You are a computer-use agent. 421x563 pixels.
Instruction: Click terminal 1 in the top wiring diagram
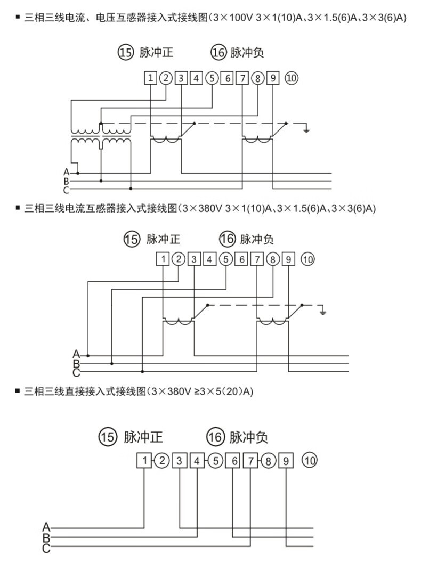coord(151,78)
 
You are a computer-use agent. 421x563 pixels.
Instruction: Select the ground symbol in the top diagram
coord(306,129)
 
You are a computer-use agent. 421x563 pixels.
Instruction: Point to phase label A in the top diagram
coord(67,172)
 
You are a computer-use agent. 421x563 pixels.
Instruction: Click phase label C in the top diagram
coord(67,190)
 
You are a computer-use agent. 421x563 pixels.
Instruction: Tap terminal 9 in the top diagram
coord(273,78)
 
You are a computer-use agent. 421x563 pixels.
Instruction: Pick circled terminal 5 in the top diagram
coord(212,78)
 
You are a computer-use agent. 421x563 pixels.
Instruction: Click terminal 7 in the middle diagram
coord(258,259)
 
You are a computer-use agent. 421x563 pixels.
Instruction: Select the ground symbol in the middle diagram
coord(322,311)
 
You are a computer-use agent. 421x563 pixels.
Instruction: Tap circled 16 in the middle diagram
coord(227,239)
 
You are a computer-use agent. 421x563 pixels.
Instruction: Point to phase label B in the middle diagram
coord(76,363)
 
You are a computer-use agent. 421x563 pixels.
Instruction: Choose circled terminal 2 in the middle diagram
coord(180,259)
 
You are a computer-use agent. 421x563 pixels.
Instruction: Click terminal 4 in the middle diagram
coord(210,259)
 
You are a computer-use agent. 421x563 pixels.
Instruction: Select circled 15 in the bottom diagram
coord(107,438)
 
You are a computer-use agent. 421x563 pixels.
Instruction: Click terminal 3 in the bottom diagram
coord(180,460)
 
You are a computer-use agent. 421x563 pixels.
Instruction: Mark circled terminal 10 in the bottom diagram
coord(310,460)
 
